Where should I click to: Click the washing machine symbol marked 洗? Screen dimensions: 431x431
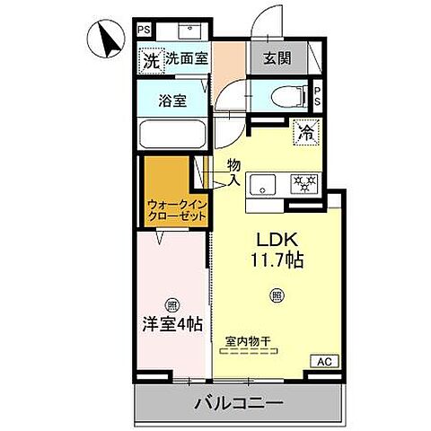[151, 61]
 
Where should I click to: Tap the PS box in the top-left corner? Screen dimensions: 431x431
[144, 29]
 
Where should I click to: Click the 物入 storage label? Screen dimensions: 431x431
[233, 172]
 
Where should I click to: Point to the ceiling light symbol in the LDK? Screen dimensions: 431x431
[277, 295]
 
